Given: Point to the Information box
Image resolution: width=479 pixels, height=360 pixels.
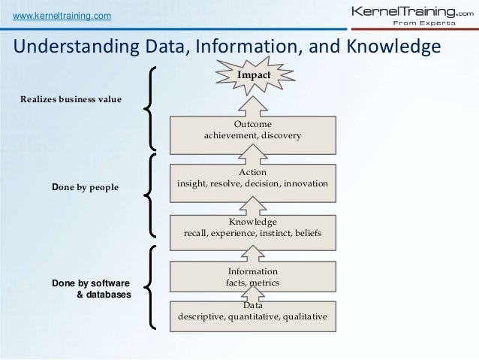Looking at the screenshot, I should pos(252,277).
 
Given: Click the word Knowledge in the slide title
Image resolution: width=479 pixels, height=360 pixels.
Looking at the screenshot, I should pos(392,48).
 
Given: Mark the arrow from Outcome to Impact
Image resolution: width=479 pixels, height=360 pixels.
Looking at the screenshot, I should pos(252,103).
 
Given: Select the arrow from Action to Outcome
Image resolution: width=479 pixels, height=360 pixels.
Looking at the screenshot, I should pos(252,156).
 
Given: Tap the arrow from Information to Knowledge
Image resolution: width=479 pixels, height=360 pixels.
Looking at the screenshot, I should pos(252,254).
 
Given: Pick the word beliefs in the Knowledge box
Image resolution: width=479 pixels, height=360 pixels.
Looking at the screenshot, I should pos(306,234).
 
